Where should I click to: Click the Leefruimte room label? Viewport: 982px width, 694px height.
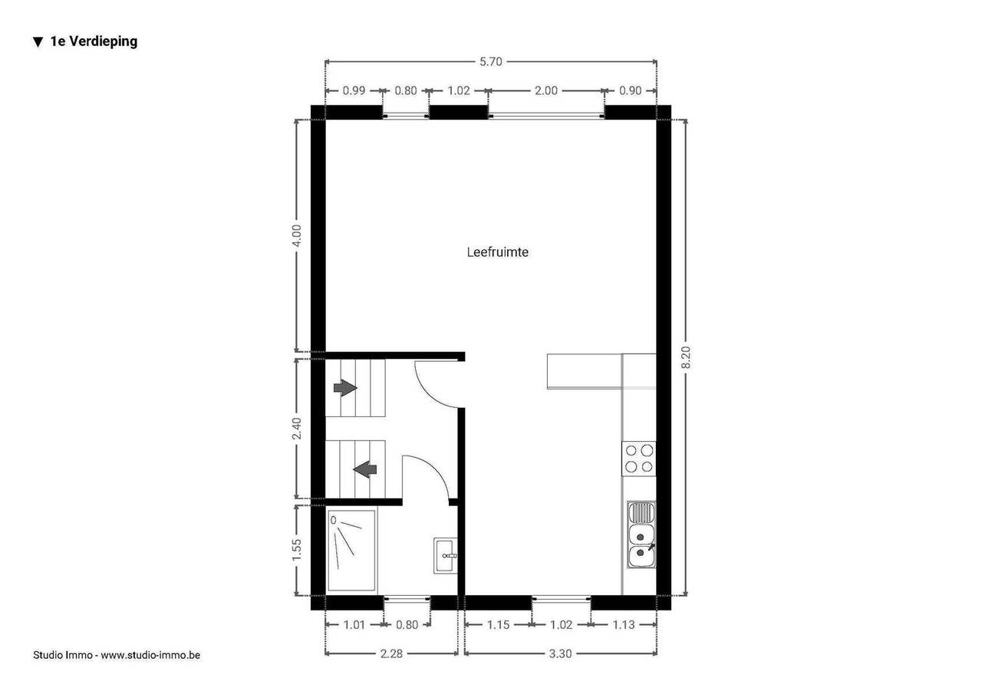coord(497,252)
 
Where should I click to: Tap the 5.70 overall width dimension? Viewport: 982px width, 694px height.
coord(490,62)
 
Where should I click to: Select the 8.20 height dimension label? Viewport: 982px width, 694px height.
coord(686,357)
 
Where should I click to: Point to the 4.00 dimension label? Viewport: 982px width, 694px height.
coord(297,235)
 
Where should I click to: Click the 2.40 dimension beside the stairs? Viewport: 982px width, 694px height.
coord(297,429)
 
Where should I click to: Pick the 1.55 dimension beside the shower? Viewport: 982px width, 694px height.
coord(297,549)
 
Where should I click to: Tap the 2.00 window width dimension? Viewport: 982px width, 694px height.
coord(545,90)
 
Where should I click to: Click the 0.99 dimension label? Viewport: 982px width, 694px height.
coord(354,90)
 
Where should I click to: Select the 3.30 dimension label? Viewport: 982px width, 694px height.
coord(560,653)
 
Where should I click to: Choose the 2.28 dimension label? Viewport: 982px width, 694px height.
coord(391,653)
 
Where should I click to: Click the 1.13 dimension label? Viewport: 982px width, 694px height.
coord(624,625)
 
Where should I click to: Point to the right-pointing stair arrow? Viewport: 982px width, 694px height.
coord(345,388)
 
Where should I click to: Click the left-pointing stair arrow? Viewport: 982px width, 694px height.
coord(365,469)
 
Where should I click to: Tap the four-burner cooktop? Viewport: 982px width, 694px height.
coord(639,459)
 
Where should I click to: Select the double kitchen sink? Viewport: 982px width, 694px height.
coord(641,534)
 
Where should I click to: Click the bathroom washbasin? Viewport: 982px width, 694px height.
coord(446,555)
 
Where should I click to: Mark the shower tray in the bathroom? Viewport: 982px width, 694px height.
coord(351,551)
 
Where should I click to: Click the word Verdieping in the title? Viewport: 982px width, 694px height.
coord(104,41)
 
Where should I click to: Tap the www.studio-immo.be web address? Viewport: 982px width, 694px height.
coord(150,655)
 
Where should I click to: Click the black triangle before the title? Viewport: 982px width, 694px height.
coord(38,42)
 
